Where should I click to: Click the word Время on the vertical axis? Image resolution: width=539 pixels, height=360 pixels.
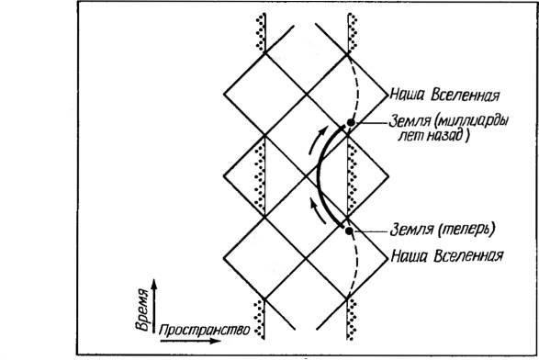[142, 310]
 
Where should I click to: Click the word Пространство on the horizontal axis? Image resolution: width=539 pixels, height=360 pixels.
[204, 331]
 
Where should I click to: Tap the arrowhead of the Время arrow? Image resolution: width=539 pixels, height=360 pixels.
[154, 284]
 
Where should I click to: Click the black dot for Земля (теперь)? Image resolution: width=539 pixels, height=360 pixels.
[349, 231]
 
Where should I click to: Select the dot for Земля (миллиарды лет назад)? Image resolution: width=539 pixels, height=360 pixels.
[351, 122]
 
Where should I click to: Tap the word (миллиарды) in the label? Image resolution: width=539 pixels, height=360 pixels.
[471, 121]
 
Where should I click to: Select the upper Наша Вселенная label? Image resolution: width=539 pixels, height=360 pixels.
[444, 95]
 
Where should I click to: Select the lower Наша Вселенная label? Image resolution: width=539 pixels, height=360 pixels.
[447, 256]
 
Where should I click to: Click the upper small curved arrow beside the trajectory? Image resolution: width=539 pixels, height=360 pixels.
[318, 140]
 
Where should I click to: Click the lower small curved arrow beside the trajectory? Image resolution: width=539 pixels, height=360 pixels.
[318, 211]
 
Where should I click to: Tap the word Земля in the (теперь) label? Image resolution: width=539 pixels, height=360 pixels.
[411, 230]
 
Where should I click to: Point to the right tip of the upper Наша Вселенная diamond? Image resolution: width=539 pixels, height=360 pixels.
[388, 94]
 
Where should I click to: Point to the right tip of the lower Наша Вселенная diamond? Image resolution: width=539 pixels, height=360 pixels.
[388, 257]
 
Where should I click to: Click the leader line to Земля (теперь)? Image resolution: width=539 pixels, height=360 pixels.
[371, 231]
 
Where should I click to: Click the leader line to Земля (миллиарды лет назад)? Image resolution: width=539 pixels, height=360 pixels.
[371, 122]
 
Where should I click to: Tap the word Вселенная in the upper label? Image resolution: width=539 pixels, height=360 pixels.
[466, 95]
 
